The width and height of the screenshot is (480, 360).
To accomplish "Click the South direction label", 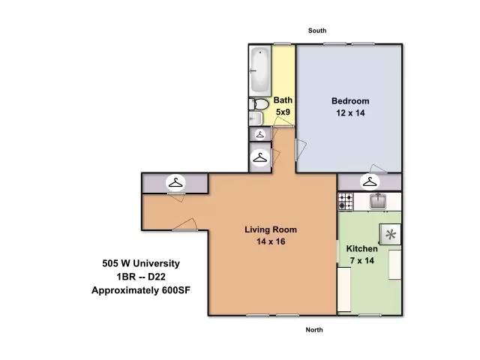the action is pos(317,31).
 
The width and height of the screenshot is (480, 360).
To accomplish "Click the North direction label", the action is pos(314,330).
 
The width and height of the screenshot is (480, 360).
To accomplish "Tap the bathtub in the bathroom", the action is pos(260,70).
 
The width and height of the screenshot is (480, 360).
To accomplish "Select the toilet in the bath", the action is pos(259,104).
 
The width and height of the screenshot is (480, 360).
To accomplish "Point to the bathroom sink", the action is pos(256,118).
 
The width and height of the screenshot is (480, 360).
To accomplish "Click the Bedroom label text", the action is pos(350,101).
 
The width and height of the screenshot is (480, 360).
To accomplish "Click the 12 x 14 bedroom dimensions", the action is pos(350,113).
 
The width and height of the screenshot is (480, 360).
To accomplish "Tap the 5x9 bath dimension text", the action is pos(283,112).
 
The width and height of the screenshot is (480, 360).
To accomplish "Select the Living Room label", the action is pos(271,229).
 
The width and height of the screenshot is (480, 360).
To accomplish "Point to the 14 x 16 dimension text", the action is pos(271,241).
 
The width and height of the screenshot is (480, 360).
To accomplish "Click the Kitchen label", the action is pos(361,248).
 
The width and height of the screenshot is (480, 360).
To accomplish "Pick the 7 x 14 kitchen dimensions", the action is pos(361,260).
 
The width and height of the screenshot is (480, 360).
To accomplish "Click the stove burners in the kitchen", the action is pos(346,202).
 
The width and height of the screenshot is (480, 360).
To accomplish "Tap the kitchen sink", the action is pos(378,202).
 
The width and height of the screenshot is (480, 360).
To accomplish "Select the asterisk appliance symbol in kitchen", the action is pos(390,234).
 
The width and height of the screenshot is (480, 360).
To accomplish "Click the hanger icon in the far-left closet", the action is pos(175,183).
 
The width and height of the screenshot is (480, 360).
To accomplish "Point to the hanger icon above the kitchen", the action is pos(370,181).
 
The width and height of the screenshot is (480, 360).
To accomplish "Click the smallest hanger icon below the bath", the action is pos(260,134).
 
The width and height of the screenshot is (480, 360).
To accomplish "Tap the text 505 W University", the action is pos(141,263).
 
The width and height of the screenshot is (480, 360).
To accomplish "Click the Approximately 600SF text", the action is pos(141,290).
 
